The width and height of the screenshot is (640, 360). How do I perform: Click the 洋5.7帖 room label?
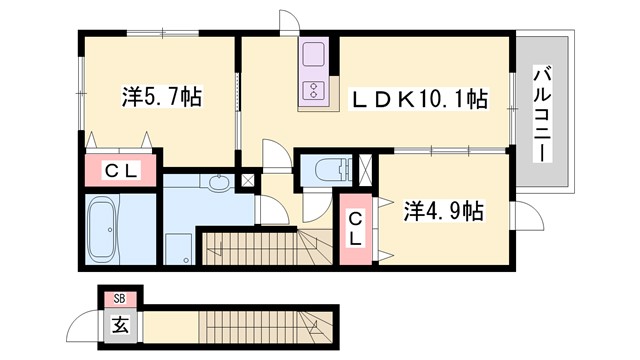point(163,98)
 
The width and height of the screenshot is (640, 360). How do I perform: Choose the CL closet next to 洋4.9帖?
point(355,231)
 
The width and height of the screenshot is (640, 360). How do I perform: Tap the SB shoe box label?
point(119,298)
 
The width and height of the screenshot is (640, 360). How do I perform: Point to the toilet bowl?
point(322,170)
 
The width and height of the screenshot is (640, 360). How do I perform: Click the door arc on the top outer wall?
point(288,23)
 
